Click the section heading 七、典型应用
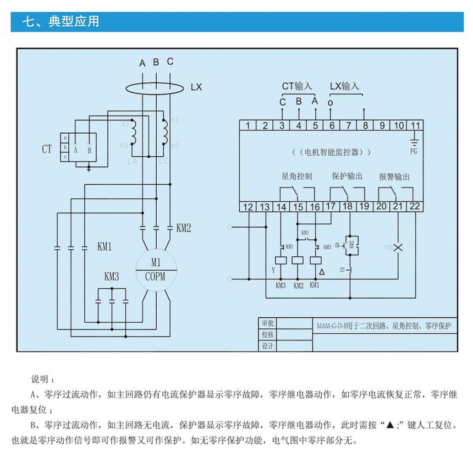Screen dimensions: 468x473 (x=60, y=22)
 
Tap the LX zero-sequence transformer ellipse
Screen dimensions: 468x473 (x=156, y=87)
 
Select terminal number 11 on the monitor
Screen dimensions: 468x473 (x=416, y=125)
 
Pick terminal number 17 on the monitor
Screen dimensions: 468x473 (x=331, y=207)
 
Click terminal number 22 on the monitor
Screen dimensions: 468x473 (x=415, y=207)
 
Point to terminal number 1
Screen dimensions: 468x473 (x=248, y=125)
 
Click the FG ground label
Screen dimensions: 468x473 (x=415, y=148)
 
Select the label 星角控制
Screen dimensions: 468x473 (x=296, y=177)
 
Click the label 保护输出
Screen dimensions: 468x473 (x=347, y=177)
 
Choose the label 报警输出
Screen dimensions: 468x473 (x=394, y=177)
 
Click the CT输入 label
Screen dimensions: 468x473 (x=297, y=86)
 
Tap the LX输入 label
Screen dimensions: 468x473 (x=344, y=86)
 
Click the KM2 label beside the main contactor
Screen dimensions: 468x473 (x=184, y=227)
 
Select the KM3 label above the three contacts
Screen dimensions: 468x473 (x=112, y=276)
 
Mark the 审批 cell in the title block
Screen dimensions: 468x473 (x=268, y=323)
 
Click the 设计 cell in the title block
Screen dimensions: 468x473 (x=268, y=346)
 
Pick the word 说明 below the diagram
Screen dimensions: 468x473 (x=42, y=379)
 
